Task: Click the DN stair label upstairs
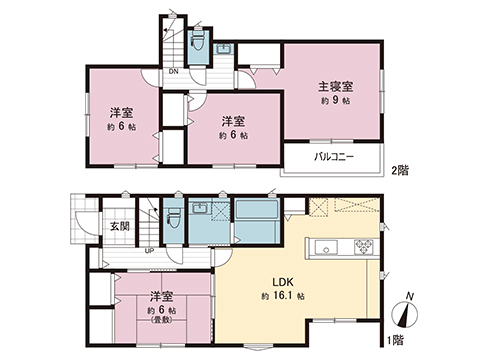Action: click(172, 71)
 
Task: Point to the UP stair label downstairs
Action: click(149, 251)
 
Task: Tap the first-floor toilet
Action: click(172, 219)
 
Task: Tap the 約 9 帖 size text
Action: click(334, 101)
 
